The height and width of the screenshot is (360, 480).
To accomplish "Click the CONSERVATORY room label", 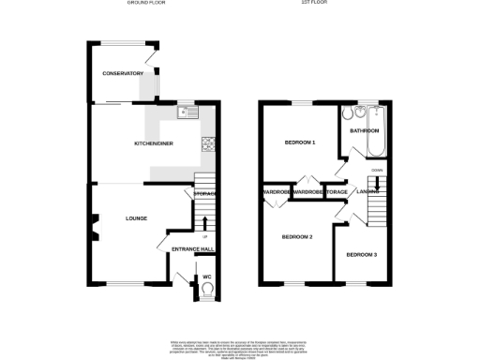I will click(123, 73).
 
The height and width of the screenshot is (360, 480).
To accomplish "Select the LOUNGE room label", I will click(137, 218).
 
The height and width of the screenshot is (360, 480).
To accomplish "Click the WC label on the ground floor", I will click(206, 277).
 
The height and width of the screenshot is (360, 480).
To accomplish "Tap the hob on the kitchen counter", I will click(208, 143).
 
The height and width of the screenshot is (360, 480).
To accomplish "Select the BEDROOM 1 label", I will click(300, 142).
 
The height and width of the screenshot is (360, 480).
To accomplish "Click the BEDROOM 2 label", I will click(296, 237).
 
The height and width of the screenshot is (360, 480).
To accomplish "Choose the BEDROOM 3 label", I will click(361, 255).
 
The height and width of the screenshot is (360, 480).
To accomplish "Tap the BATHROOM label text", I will click(365, 131).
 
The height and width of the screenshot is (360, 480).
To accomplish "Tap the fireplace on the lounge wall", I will click(94, 225).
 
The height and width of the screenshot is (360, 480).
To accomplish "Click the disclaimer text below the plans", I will click(239, 347).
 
